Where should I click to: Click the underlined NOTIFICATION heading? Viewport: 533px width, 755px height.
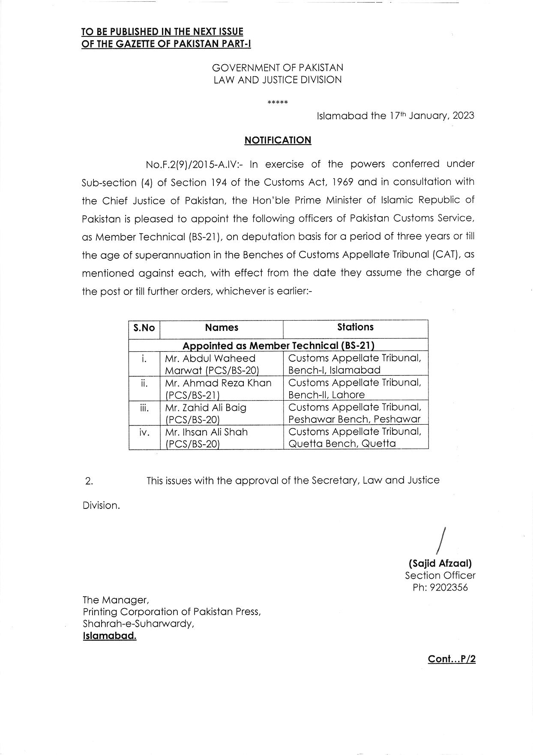[278, 140]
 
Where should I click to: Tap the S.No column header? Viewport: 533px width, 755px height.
[144, 328]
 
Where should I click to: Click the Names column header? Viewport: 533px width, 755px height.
[222, 328]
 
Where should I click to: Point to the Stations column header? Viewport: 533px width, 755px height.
[355, 327]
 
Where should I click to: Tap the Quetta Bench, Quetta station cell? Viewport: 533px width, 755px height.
[355, 437]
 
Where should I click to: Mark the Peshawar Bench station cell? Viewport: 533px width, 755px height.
[355, 413]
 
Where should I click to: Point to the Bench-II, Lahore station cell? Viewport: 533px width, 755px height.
[355, 389]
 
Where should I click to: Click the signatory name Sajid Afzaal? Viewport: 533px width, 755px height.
[440, 563]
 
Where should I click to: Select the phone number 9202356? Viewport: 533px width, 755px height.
[449, 588]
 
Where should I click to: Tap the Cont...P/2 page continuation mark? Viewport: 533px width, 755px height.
[452, 659]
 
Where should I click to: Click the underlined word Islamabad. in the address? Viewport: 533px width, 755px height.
[110, 636]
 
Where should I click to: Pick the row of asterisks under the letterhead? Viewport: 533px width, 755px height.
[278, 103]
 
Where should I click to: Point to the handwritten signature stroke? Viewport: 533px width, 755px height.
[441, 541]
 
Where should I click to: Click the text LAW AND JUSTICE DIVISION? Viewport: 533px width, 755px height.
[278, 80]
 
